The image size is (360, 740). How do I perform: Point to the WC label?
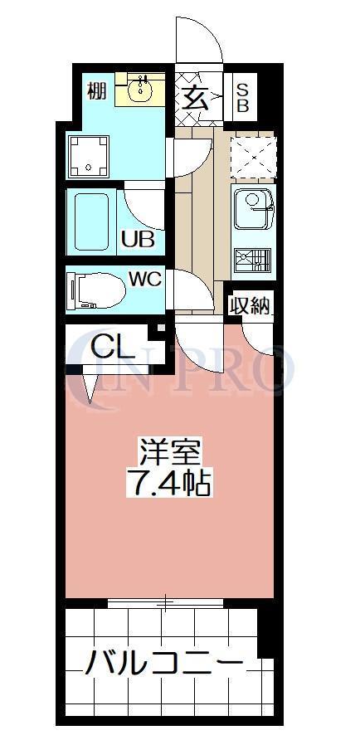[144, 280]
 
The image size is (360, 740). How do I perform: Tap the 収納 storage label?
[250, 306]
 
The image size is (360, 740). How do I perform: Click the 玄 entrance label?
[196, 97]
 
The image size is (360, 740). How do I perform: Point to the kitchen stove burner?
[252, 260]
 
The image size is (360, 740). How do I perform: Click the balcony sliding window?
[166, 604]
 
